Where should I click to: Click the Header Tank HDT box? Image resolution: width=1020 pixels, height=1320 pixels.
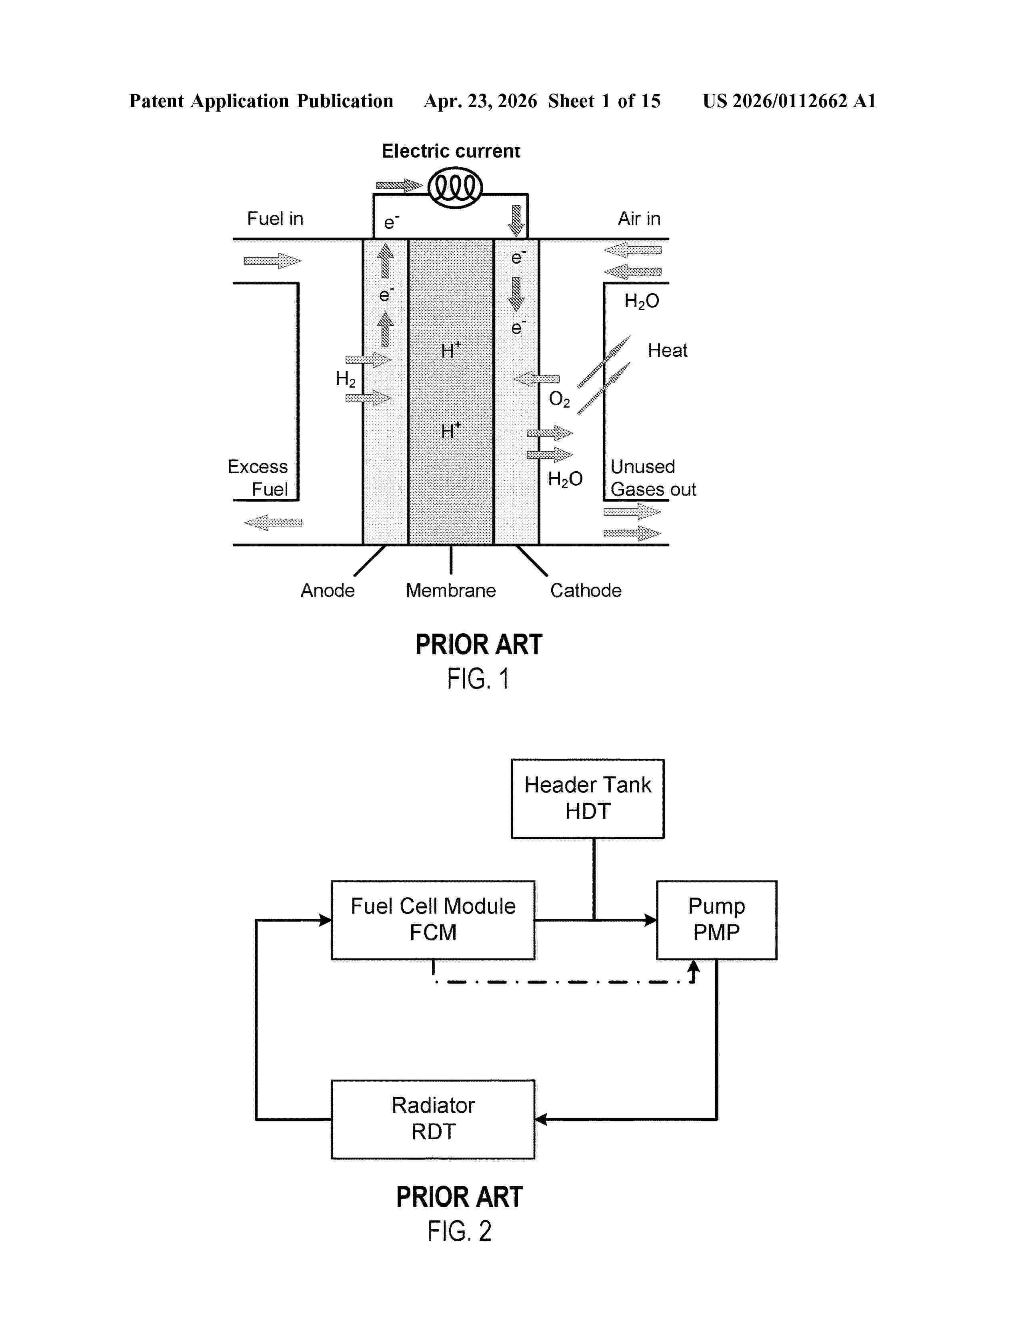587,798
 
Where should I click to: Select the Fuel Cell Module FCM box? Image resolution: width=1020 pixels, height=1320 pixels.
433,919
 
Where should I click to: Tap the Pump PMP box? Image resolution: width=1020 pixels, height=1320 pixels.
716,919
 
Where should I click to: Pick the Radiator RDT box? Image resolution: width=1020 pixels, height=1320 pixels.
433,1119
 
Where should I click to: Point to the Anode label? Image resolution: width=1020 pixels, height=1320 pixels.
328,590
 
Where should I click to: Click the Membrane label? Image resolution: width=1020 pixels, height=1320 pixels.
451,590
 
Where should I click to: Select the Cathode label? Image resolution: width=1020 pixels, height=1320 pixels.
586,590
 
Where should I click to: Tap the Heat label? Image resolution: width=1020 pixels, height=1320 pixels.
667,350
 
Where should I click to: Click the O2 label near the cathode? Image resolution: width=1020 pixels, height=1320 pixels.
559,399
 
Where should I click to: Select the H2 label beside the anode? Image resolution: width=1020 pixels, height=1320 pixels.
346,379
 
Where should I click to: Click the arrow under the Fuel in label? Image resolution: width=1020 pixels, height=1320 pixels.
272,261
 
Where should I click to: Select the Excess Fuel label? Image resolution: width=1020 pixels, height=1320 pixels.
258,478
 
